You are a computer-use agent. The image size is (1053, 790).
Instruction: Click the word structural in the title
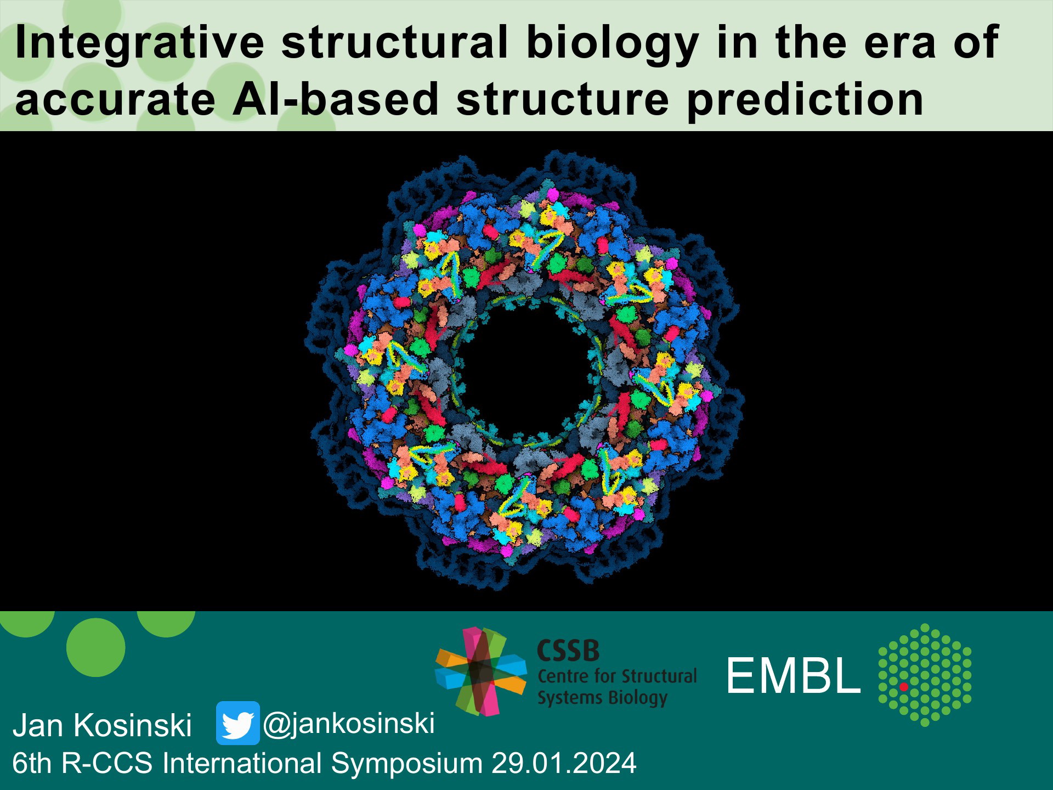tap(395, 42)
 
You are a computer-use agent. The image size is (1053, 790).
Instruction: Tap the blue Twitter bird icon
tap(237, 723)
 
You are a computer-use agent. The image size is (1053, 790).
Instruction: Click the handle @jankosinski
tap(349, 724)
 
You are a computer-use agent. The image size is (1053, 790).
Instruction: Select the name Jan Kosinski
tap(102, 725)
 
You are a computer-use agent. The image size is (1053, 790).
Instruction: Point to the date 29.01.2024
tap(564, 763)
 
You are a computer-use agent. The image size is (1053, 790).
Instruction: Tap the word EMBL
tap(793, 676)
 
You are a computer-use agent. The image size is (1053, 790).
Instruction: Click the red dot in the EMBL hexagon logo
tap(904, 686)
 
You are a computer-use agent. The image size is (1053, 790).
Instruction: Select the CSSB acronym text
tap(568, 651)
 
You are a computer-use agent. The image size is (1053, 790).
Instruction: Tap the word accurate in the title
tap(115, 100)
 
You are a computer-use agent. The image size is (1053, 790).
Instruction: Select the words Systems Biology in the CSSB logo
tap(602, 698)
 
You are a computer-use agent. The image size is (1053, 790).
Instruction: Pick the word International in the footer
tap(242, 763)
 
